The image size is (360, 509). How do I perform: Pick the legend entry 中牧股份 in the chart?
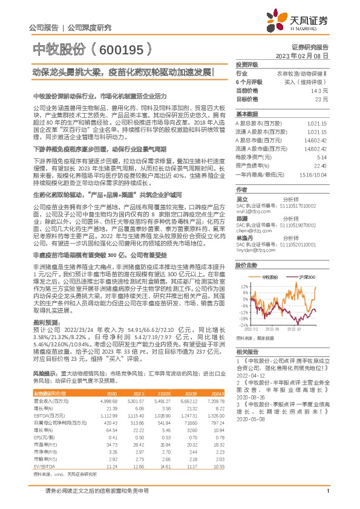(x=269, y=276)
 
